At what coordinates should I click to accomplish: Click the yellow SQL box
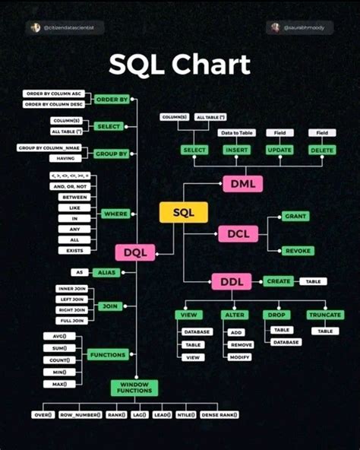click(184, 214)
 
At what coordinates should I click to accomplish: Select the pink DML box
click(242, 183)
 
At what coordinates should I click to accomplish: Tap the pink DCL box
click(238, 234)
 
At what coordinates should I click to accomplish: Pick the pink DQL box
click(135, 252)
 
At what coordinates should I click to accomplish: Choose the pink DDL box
click(231, 282)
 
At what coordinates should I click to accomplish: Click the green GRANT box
click(296, 217)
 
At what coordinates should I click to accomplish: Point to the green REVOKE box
click(297, 251)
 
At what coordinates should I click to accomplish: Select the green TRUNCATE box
click(324, 315)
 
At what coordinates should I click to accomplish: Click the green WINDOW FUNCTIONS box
click(134, 388)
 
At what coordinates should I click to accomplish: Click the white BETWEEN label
click(74, 196)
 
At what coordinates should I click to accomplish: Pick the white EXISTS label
click(74, 250)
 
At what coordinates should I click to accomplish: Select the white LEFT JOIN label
click(71, 299)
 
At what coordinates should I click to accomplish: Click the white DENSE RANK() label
click(219, 415)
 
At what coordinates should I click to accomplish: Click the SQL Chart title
click(179, 65)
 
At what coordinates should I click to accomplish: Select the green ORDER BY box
click(112, 99)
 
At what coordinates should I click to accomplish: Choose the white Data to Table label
click(236, 133)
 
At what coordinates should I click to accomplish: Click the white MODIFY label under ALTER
click(240, 357)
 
